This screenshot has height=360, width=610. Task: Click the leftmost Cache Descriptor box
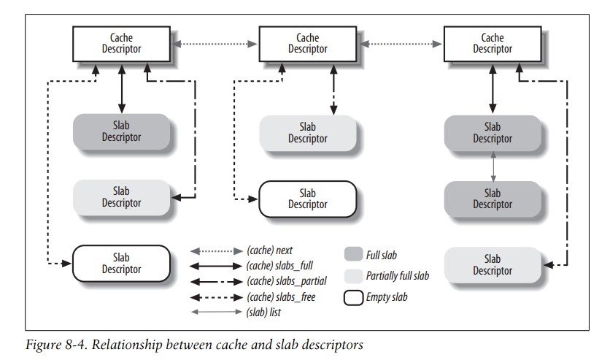[x=121, y=43]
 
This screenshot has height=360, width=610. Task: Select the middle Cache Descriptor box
[x=308, y=43]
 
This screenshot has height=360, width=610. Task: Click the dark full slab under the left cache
[x=121, y=131]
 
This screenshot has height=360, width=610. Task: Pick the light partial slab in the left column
[x=121, y=197]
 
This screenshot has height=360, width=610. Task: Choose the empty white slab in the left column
[x=121, y=263]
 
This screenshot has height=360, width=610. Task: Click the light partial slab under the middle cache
[x=308, y=131]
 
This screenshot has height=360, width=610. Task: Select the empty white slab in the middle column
[x=308, y=199]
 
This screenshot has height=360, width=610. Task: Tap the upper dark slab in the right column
[x=493, y=131]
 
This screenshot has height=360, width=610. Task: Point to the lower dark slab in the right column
[x=493, y=199]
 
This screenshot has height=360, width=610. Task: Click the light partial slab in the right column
[x=493, y=264]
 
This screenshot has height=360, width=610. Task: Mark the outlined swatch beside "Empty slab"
[x=352, y=297]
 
